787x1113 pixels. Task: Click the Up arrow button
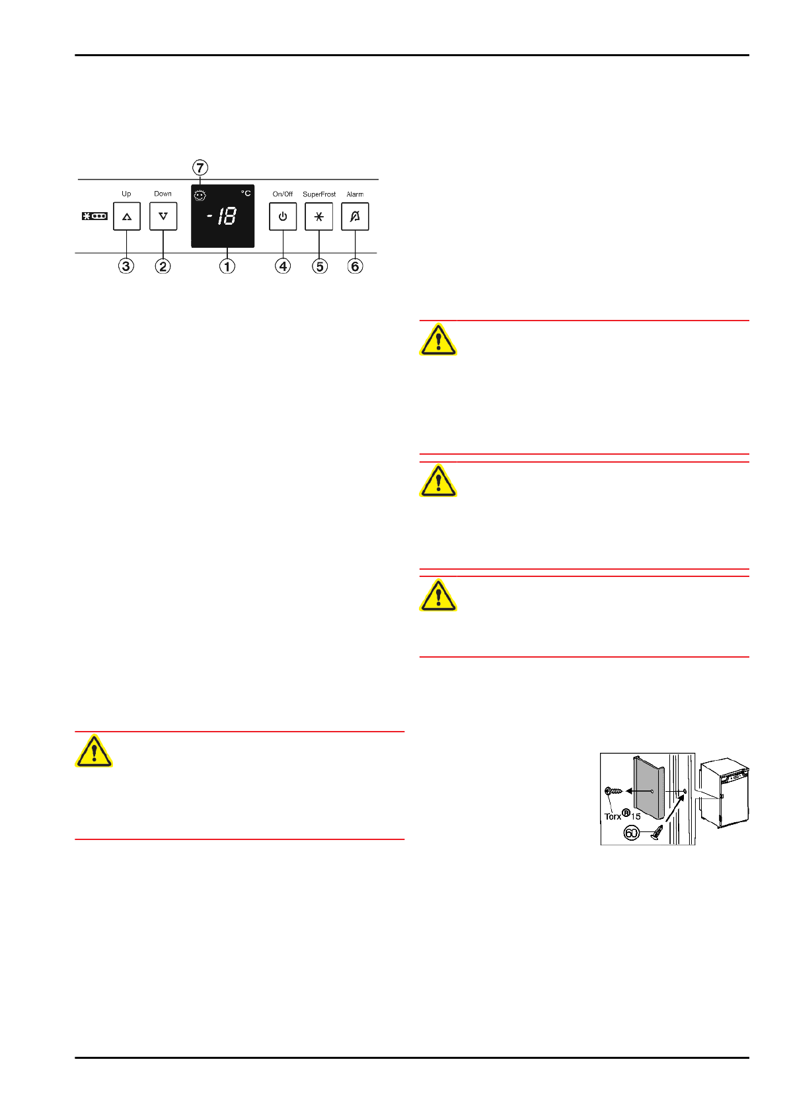click(x=126, y=216)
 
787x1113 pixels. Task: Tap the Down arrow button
click(x=163, y=216)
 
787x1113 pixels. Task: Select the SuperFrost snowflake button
click(x=319, y=216)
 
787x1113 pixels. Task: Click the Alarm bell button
click(x=355, y=216)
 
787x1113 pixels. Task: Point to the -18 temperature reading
click(x=223, y=216)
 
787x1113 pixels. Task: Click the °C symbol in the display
click(x=246, y=193)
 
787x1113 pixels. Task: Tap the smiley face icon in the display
click(x=200, y=196)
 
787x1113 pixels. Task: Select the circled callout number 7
click(x=200, y=168)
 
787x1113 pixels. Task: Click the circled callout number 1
click(x=227, y=266)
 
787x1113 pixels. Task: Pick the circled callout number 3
click(x=126, y=266)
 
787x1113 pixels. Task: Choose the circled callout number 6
click(x=356, y=266)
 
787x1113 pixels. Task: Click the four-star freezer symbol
click(x=94, y=216)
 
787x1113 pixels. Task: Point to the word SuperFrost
click(x=319, y=194)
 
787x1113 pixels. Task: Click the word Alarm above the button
click(x=355, y=194)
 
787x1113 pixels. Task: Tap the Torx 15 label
click(x=622, y=816)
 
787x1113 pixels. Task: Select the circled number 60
click(x=632, y=833)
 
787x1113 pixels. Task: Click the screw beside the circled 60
click(x=657, y=833)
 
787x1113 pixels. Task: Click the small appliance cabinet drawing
click(x=725, y=793)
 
